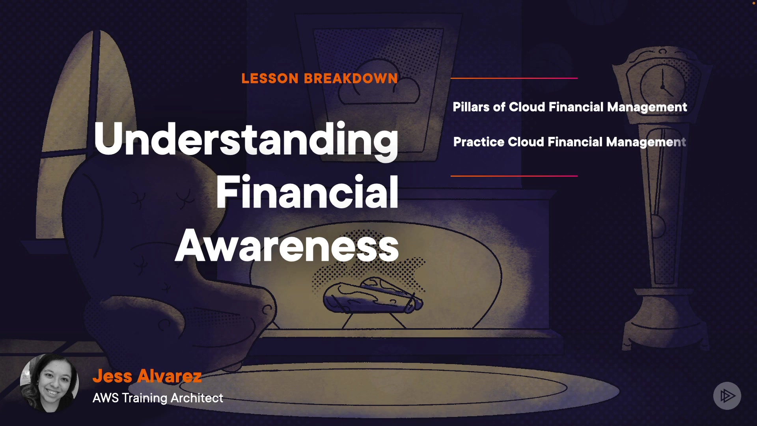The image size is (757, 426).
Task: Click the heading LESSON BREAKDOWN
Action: click(x=320, y=78)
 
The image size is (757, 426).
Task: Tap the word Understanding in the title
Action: click(x=246, y=140)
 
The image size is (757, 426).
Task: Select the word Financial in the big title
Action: click(x=307, y=192)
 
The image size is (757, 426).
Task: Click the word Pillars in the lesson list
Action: click(x=471, y=107)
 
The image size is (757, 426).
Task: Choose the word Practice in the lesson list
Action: click(x=479, y=142)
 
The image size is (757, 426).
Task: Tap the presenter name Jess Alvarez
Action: click(x=147, y=376)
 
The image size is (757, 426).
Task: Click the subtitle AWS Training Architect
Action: click(x=158, y=398)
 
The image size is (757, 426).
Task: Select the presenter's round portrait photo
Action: click(x=49, y=383)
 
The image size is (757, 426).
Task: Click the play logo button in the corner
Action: click(x=727, y=396)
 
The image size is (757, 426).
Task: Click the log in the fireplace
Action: click(x=373, y=297)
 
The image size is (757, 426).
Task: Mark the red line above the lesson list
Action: click(x=514, y=78)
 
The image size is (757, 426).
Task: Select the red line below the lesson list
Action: click(x=514, y=176)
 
